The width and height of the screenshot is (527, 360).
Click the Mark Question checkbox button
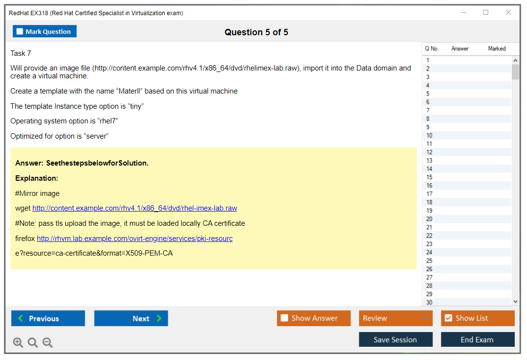[44, 31]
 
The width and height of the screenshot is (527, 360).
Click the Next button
[131, 318]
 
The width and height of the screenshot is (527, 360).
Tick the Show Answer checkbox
[284, 318]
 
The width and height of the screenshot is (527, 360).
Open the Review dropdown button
[396, 318]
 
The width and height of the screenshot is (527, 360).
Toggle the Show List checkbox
[449, 318]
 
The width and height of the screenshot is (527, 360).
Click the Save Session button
[396, 339]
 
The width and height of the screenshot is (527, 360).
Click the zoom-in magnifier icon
[18, 342]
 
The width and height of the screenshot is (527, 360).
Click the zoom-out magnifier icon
[48, 342]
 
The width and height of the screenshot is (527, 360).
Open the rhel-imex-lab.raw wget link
[134, 208]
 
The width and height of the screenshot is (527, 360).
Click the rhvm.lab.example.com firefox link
[134, 239]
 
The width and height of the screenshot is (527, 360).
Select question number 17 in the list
[429, 194]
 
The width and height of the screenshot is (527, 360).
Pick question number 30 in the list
[429, 302]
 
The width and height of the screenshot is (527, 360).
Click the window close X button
[508, 12]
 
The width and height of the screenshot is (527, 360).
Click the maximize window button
[486, 12]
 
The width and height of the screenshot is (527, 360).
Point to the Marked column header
[497, 48]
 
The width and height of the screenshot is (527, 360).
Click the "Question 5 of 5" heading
[256, 32]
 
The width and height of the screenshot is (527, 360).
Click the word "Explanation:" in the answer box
[37, 178]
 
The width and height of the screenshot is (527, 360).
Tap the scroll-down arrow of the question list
[515, 302]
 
